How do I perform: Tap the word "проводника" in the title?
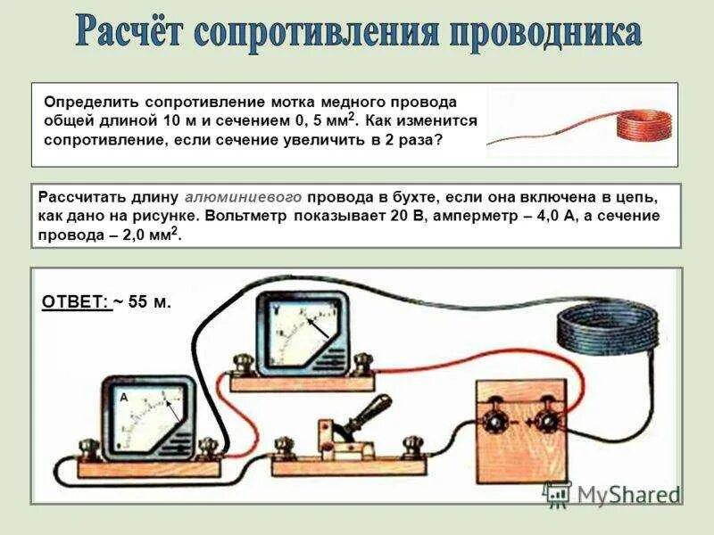pos(544,34)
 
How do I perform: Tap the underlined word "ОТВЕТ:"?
pos(75,302)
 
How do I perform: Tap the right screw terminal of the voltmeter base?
pos(362,364)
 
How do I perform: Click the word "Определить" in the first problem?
pos(93,103)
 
